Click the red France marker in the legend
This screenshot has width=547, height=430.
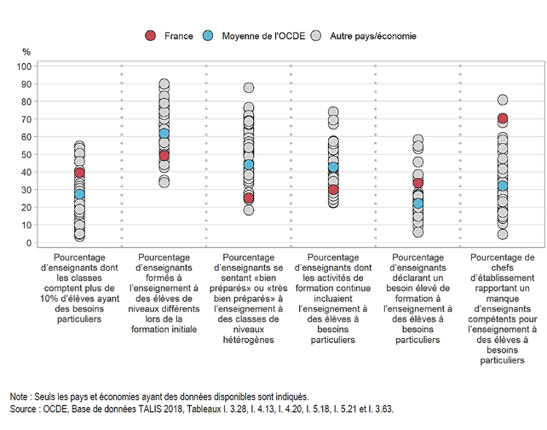tap(150, 36)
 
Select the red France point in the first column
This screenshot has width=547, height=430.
tap(80, 172)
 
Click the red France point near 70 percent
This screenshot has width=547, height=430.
tap(503, 118)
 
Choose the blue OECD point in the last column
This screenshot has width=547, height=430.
tap(503, 186)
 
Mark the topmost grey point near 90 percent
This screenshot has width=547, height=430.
tap(164, 85)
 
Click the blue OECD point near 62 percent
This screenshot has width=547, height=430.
tap(164, 134)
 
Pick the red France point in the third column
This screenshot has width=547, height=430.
tap(249, 198)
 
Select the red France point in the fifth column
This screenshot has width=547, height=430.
tap(418, 183)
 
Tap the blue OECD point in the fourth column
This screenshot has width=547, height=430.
tap(334, 167)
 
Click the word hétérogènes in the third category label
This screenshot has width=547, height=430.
tap(249, 341)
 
